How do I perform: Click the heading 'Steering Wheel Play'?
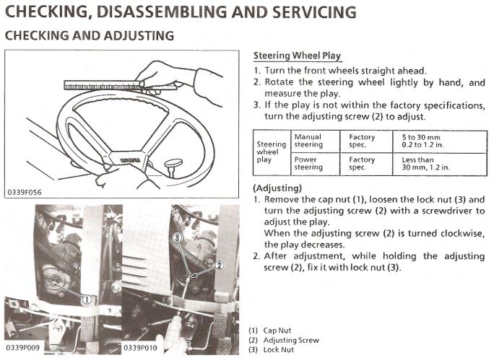click(298, 56)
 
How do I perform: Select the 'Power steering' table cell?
click(308, 164)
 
